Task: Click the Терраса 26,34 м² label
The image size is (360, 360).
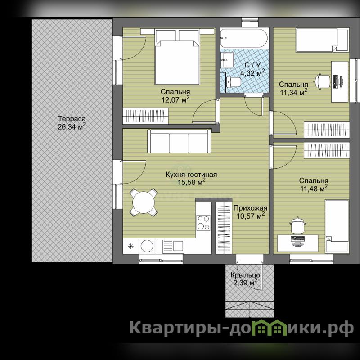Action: (x=72, y=123)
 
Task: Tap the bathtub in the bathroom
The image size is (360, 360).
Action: (x=244, y=38)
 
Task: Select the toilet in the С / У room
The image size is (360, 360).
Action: (x=233, y=82)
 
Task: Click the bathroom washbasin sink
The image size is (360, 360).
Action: (x=228, y=60)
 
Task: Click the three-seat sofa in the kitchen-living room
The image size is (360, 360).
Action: (x=179, y=141)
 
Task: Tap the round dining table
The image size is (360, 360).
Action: (x=144, y=202)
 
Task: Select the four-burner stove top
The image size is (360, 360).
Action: (x=203, y=222)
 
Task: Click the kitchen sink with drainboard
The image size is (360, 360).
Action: (x=173, y=246)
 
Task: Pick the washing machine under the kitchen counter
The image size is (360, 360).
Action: (x=147, y=246)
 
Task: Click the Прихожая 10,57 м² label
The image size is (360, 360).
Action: (x=250, y=212)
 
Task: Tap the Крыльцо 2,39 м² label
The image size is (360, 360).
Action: (x=245, y=279)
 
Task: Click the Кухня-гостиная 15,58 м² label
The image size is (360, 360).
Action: (x=191, y=178)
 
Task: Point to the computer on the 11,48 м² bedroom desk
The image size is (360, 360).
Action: (x=297, y=240)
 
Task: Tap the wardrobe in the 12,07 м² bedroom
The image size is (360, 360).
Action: (x=145, y=116)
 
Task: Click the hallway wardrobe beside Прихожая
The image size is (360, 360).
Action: (x=224, y=228)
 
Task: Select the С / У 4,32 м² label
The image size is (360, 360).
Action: (x=252, y=69)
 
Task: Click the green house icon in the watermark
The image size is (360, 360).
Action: (x=270, y=327)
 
